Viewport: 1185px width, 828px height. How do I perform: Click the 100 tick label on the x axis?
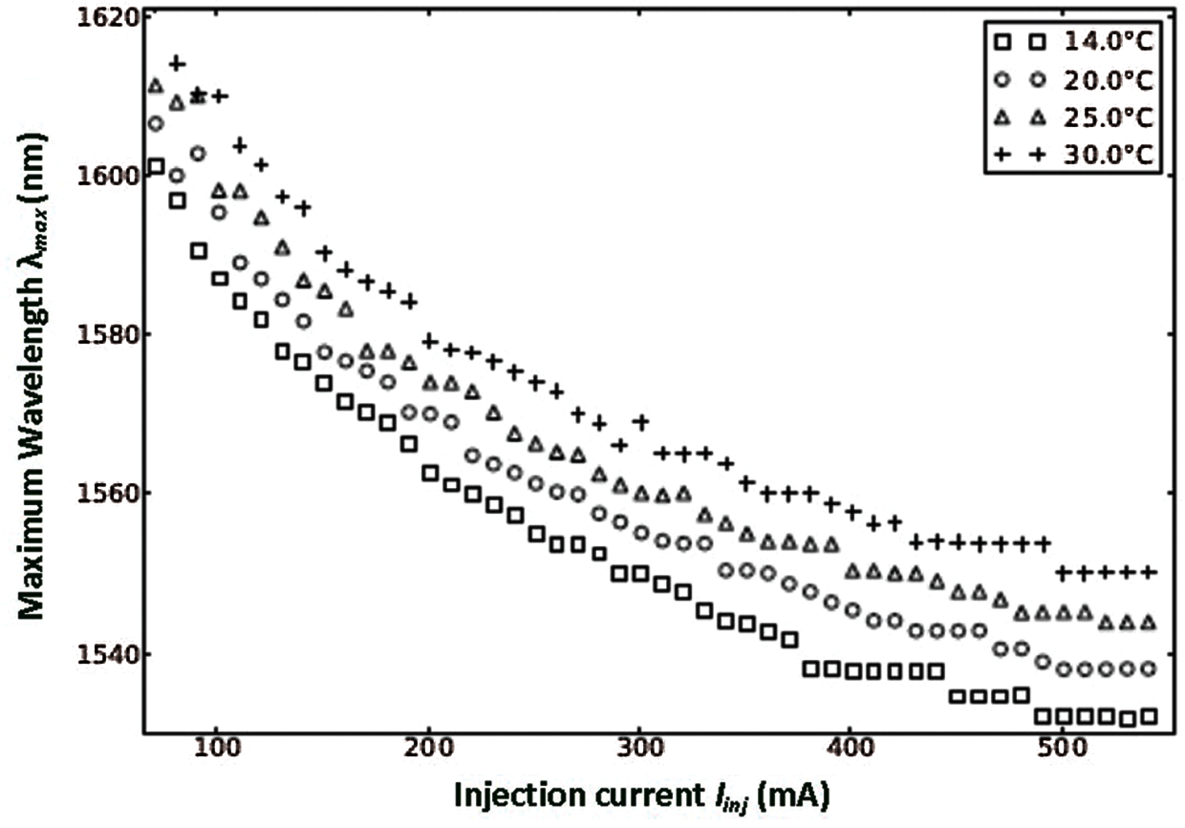(x=217, y=749)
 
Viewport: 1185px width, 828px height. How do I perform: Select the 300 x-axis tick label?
(x=639, y=749)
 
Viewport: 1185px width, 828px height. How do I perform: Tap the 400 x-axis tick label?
(x=851, y=749)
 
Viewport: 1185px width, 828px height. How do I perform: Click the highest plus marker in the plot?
(x=177, y=64)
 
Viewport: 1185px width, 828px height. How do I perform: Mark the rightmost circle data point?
(x=1148, y=669)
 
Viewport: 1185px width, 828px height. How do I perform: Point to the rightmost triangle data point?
(x=1148, y=623)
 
